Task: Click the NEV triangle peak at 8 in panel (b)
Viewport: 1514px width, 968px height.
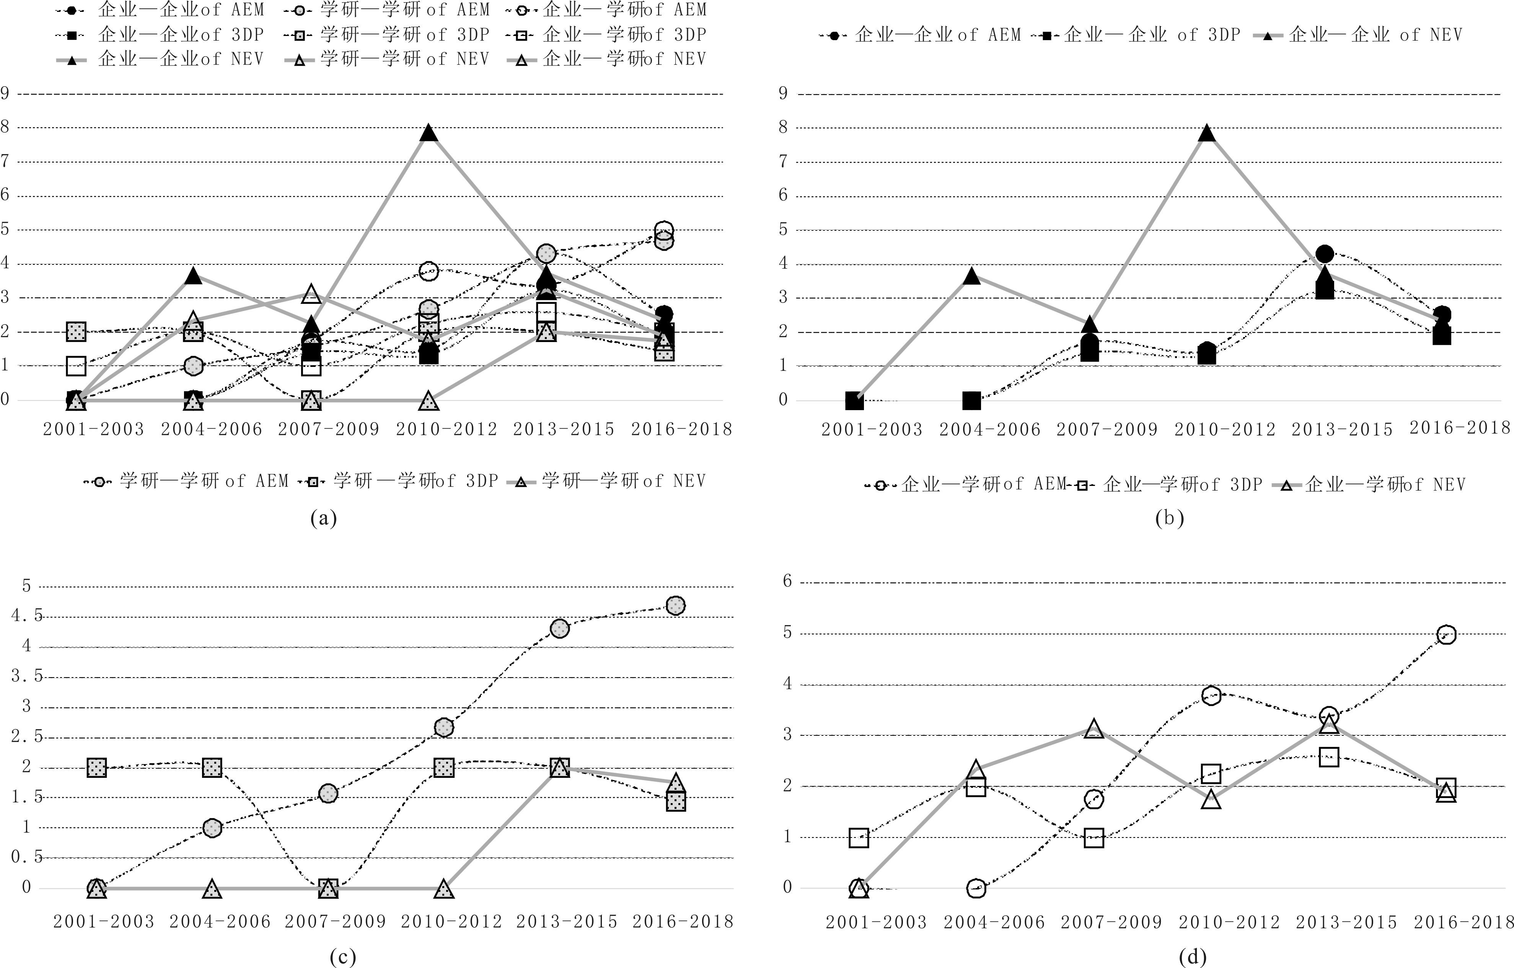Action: click(1206, 133)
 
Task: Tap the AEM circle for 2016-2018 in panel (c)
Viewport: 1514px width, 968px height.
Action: click(675, 605)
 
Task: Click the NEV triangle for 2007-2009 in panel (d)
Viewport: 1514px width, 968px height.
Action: click(1094, 729)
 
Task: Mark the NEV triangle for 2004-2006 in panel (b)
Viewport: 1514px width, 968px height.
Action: click(971, 276)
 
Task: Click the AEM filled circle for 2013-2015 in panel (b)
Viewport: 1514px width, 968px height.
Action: click(1325, 254)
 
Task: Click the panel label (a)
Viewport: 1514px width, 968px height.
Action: click(324, 518)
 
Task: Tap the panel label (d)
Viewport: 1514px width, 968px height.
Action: click(1193, 957)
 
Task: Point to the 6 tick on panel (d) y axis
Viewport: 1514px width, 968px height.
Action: click(787, 582)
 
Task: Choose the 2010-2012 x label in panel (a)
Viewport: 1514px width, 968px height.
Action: click(447, 429)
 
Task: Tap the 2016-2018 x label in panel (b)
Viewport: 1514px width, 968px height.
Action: click(1460, 428)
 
